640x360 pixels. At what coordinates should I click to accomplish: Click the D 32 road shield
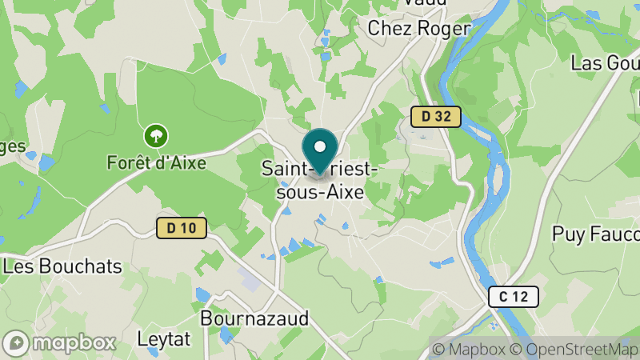point(436,117)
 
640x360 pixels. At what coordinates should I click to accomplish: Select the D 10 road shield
point(182,228)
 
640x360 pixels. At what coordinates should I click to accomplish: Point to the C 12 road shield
point(513,297)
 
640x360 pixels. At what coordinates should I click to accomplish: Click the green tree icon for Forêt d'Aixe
point(155,136)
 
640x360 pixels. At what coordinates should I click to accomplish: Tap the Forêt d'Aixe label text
point(156,162)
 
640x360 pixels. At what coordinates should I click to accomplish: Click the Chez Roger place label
point(418,28)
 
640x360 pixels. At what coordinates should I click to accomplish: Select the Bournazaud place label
point(254,318)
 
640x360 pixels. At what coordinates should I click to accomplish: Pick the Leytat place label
point(164,338)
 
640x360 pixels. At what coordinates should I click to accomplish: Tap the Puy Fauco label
point(596,234)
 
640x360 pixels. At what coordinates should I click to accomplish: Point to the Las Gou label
point(604,63)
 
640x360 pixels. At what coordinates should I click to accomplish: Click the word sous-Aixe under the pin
point(320,193)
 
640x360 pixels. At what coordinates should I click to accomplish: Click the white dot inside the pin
point(320,147)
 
